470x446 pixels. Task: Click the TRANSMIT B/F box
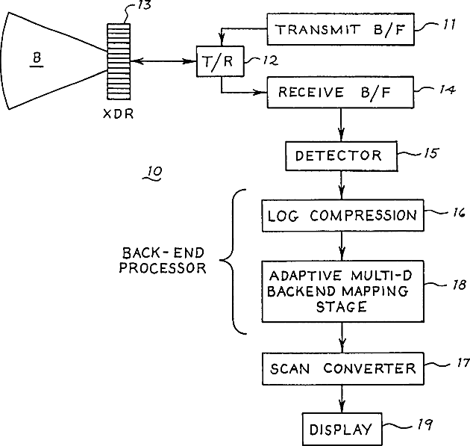(339, 30)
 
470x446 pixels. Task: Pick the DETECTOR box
(338, 155)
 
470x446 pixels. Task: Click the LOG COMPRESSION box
(342, 216)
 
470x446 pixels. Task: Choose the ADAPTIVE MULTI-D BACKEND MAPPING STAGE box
(342, 290)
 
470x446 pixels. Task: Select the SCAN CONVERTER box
(342, 368)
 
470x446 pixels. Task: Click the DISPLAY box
(340, 429)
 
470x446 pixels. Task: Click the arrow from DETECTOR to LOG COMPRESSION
(342, 184)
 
